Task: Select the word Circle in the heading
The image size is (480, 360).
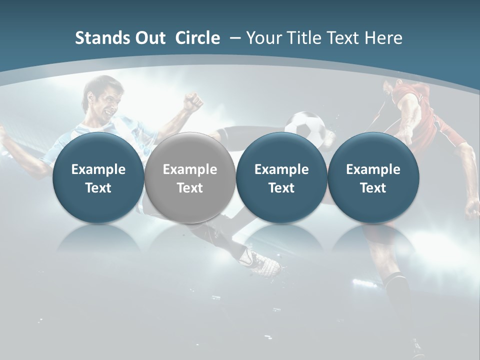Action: coord(197,38)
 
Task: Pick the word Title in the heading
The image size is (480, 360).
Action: coord(303,38)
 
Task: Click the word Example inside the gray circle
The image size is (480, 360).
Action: coord(189,169)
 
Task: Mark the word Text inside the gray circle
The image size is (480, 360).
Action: coord(189,188)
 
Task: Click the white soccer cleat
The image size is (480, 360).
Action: coord(262,262)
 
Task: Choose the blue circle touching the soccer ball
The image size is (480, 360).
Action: coord(281,177)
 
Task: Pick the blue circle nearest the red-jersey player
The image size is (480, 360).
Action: coord(373,177)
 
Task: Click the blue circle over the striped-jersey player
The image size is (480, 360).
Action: coord(98,177)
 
